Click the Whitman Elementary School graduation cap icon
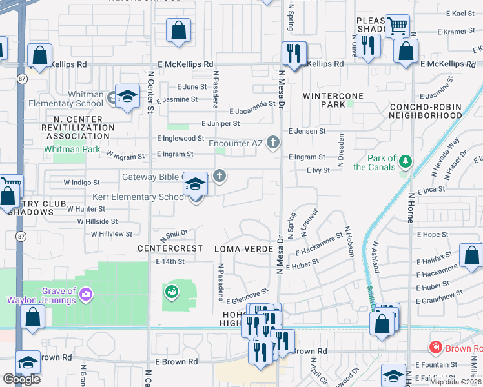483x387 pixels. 128,96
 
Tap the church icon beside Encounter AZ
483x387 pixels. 273,143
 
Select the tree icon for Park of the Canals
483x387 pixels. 406,160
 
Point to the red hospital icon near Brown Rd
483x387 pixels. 437,348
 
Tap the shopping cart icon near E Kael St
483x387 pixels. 397,26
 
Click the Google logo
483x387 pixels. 22,379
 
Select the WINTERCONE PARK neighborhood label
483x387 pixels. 333,100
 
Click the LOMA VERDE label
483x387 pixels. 241,248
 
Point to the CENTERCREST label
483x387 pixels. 166,248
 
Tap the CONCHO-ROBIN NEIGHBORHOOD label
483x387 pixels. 426,111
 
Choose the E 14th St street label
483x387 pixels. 170,262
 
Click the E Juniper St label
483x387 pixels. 220,123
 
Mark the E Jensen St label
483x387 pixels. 307,131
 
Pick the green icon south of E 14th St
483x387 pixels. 171,293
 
